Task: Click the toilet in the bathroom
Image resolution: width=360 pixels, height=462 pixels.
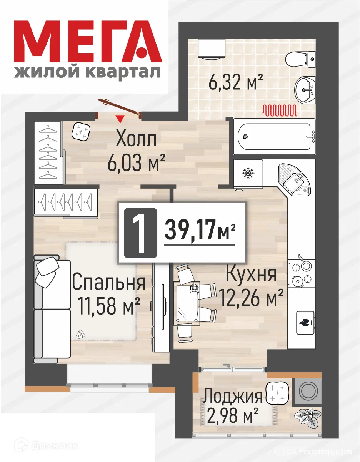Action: [x=301, y=59]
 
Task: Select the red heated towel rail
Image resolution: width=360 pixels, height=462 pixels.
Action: [x=279, y=111]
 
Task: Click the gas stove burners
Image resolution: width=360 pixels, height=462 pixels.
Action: [x=302, y=273]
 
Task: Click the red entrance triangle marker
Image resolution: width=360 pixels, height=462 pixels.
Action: [x=121, y=118]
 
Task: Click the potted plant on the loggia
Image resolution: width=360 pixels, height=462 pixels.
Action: [x=308, y=419]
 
